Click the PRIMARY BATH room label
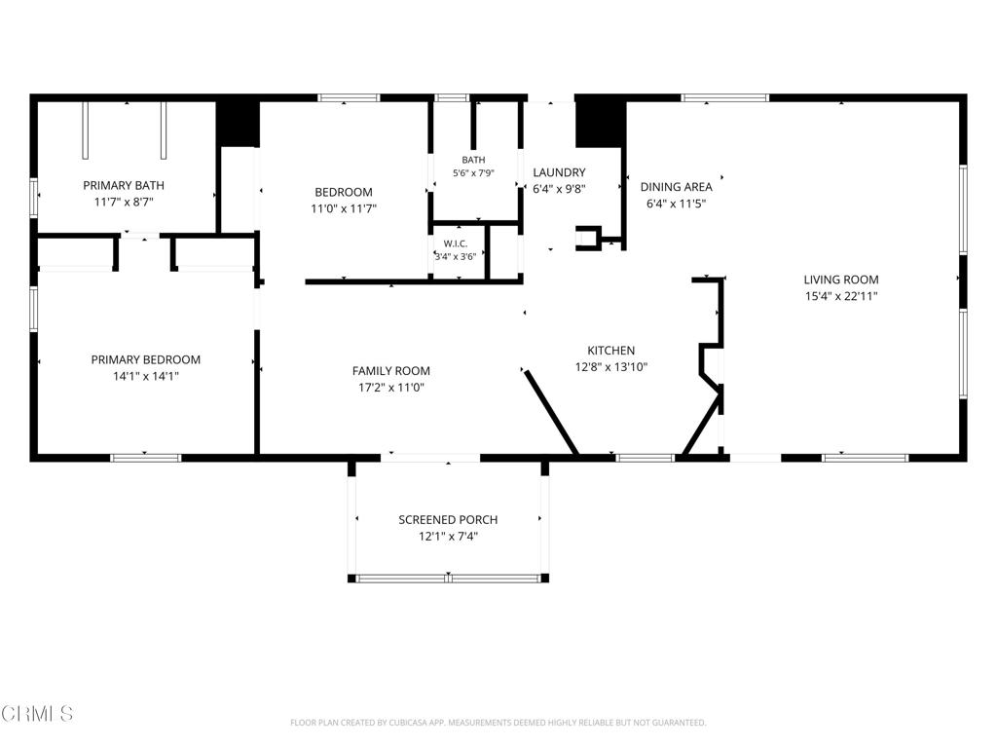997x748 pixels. (124, 186)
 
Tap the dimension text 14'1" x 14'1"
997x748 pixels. (146, 377)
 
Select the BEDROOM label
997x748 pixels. (344, 192)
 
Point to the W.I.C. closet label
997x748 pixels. (456, 243)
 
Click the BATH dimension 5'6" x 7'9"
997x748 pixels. (473, 173)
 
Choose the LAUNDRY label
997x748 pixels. (559, 172)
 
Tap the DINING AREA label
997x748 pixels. (676, 187)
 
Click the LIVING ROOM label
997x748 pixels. (841, 280)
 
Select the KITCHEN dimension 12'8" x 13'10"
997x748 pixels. (611, 367)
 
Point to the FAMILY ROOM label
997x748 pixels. (391, 371)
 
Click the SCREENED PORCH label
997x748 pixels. (448, 520)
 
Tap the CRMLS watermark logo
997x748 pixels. (37, 714)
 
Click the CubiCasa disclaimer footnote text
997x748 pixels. (498, 723)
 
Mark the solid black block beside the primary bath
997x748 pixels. (238, 124)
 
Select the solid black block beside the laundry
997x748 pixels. (600, 124)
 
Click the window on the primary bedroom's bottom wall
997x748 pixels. (146, 458)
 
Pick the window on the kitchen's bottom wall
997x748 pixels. (646, 458)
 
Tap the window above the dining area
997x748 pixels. (724, 98)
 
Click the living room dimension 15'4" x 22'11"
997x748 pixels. (841, 296)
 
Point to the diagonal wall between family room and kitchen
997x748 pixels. (551, 413)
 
